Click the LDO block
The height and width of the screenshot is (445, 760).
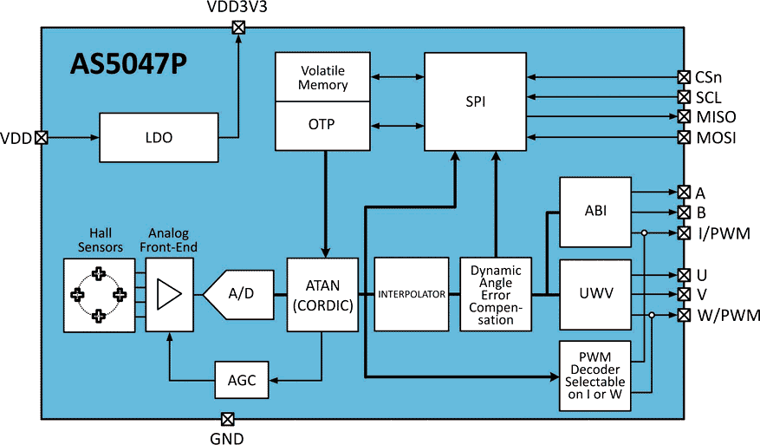pos(159,137)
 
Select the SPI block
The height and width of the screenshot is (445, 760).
pos(475,101)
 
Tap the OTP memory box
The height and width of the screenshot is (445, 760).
pos(322,125)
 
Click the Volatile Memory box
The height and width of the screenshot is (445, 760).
pos(322,77)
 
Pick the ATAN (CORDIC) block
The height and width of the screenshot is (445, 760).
pos(322,295)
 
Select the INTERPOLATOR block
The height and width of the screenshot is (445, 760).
pos(411,295)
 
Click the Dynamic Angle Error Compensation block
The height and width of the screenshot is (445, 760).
pos(496,295)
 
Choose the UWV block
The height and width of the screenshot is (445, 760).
pos(594,294)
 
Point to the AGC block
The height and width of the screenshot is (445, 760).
pos(242,379)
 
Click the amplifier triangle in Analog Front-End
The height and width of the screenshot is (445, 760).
pos(168,295)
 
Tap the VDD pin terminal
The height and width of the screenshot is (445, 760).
pos(41,137)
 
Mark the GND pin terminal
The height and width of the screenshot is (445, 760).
pos(227,420)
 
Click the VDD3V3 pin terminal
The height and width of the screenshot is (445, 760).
pos(238,27)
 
